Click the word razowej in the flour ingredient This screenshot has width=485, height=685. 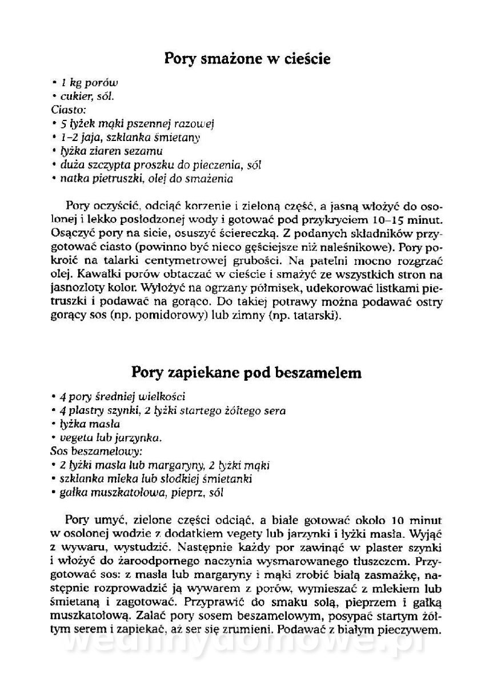point(194,124)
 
